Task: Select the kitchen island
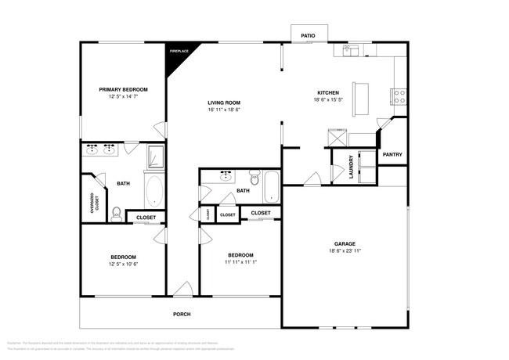click(362, 97)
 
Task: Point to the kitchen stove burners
click(398, 96)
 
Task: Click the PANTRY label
click(392, 154)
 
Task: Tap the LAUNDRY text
click(341, 166)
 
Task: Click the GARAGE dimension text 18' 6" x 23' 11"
click(345, 251)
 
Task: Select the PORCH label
click(182, 314)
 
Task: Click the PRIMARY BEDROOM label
click(123, 90)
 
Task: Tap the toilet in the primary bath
click(115, 211)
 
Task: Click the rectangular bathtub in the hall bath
click(270, 186)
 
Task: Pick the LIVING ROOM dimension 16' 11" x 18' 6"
click(223, 110)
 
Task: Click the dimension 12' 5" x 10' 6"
click(123, 263)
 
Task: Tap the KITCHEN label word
click(327, 92)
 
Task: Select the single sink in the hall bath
click(226, 176)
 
